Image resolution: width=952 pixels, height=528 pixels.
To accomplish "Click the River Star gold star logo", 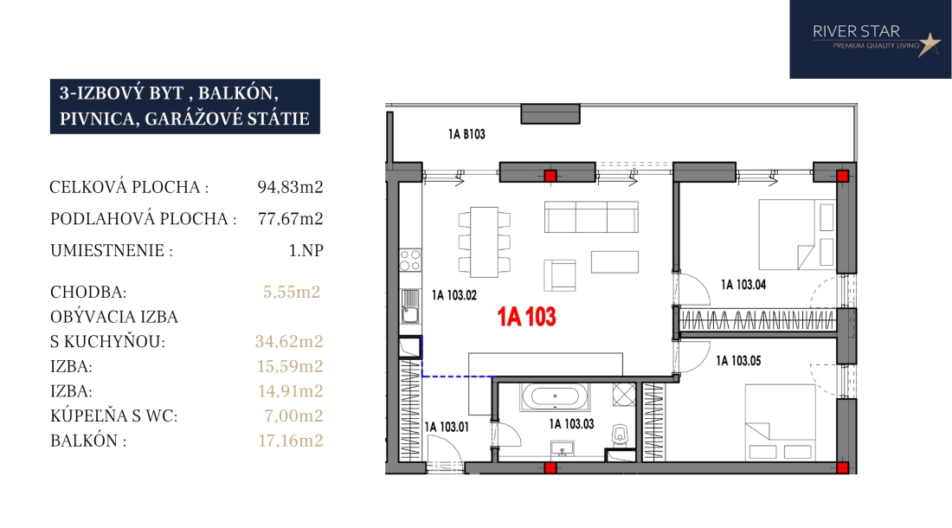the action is [929, 44].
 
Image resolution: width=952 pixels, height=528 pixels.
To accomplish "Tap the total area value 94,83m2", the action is [290, 187].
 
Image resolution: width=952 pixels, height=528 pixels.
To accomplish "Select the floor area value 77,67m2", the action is [290, 218].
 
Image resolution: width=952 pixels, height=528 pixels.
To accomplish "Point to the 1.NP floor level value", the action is [306, 250].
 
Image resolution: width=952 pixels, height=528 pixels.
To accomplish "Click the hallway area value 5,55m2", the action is [292, 292].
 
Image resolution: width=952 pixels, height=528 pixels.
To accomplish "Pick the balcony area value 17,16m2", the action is [290, 441].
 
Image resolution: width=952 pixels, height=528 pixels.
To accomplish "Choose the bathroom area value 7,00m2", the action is [293, 415].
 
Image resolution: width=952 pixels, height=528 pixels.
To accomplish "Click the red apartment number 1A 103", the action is [526, 317].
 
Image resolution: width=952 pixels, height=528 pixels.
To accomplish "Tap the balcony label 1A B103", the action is [466, 134].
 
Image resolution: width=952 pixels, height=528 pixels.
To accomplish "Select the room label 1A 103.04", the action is [743, 285].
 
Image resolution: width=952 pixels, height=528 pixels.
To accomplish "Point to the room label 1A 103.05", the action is [738, 360].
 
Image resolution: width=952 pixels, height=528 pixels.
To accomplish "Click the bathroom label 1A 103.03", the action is [571, 424].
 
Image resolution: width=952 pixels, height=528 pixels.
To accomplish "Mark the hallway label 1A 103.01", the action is [447, 428].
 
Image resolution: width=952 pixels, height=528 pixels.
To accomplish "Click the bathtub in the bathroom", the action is [554, 397].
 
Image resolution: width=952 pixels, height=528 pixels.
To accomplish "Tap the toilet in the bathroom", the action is [620, 435].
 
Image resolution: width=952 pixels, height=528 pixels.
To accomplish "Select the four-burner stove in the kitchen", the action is [410, 261].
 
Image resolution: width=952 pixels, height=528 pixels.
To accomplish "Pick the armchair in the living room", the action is [560, 275].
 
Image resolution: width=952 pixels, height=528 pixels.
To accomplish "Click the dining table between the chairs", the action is [484, 241].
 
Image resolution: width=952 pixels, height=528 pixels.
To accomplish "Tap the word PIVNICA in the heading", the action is [97, 119].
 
